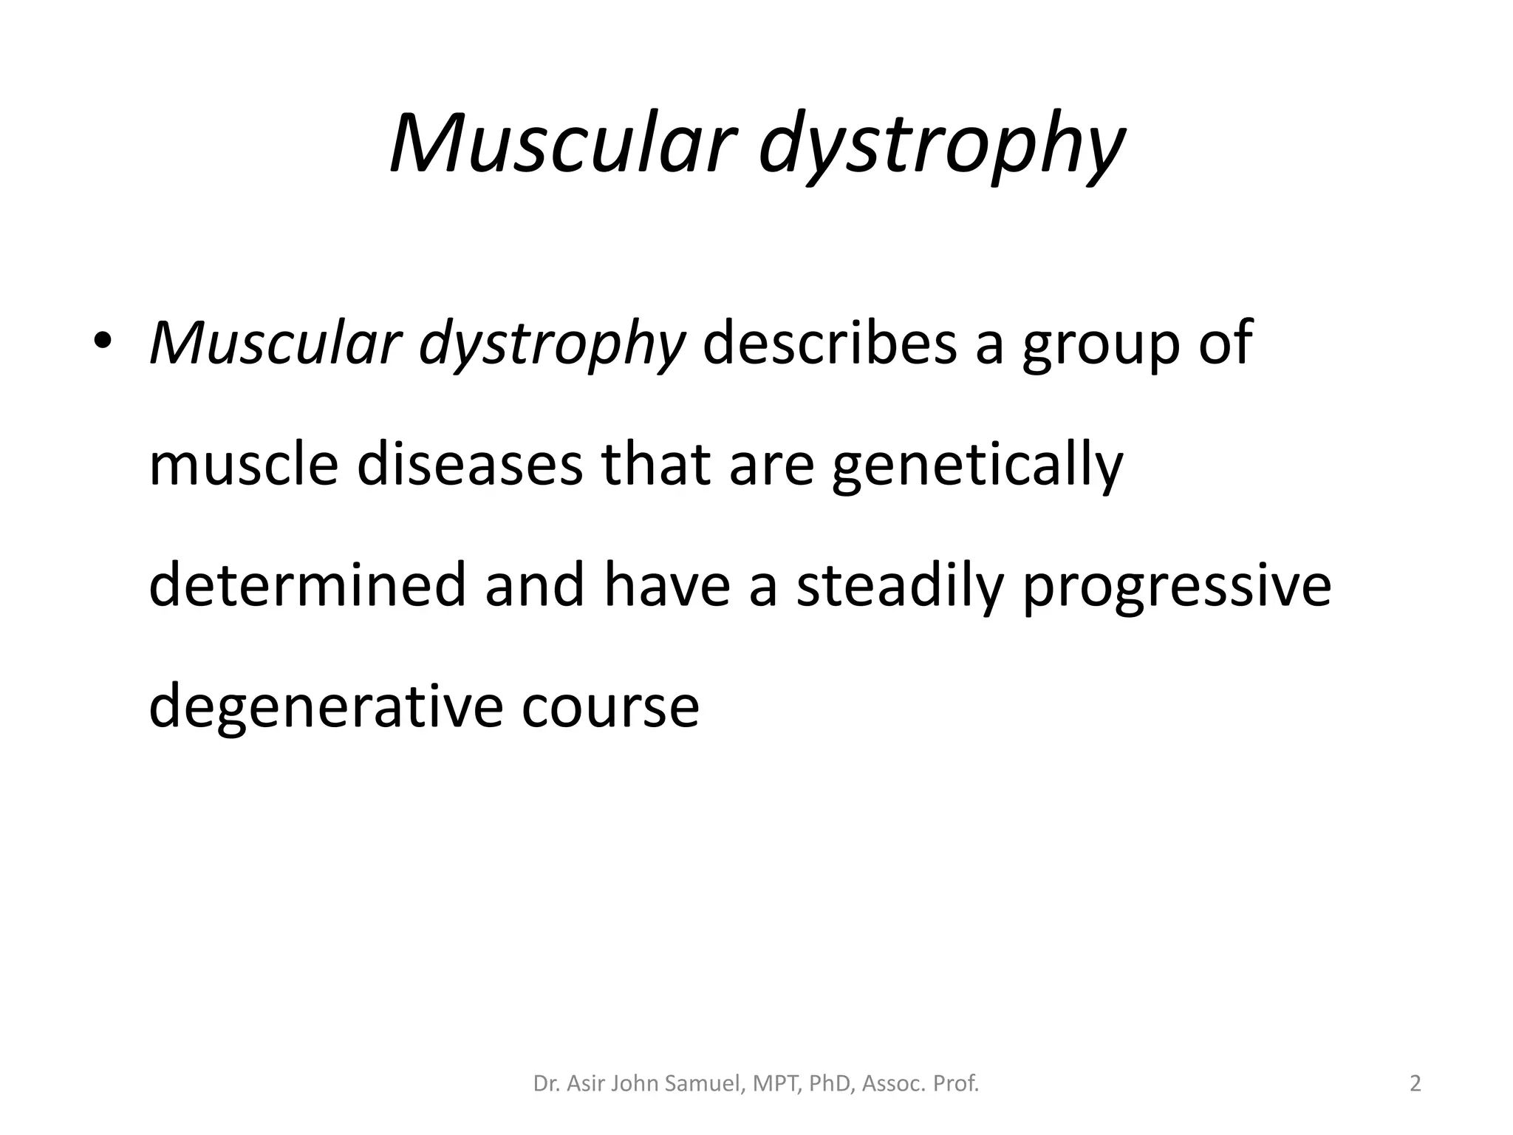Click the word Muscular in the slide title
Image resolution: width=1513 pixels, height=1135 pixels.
coord(564,143)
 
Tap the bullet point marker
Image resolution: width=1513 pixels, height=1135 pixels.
coord(103,341)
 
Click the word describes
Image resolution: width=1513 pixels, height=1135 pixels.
coord(829,344)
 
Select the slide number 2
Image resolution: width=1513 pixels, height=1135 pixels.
coord(1415,1083)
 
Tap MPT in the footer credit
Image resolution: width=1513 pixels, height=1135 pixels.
coord(776,1083)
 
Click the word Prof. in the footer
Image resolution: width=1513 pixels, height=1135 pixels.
coord(956,1083)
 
